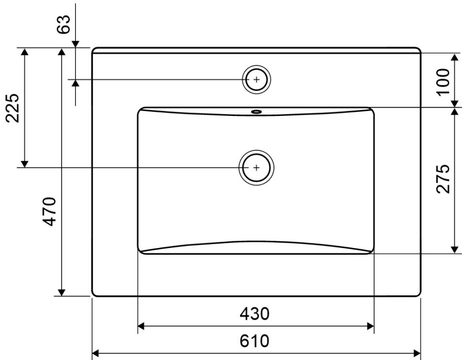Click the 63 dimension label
(x=64, y=24)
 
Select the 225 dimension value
(x=13, y=108)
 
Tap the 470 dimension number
(x=49, y=212)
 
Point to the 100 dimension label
(x=443, y=82)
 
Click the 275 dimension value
(x=443, y=179)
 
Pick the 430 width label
(x=254, y=314)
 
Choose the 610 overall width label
(x=254, y=341)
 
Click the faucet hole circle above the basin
(x=256, y=79)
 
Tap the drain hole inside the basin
(x=256, y=168)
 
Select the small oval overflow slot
(x=256, y=112)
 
